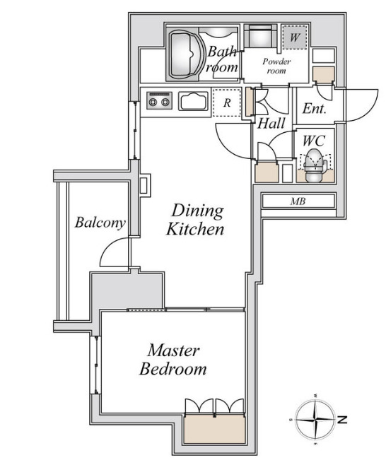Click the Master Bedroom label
173,360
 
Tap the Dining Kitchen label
195,220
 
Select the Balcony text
100,223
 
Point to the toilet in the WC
315,165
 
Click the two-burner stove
159,100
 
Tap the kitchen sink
193,101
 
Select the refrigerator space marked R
227,102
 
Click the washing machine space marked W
294,37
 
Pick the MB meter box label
298,201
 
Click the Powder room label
276,66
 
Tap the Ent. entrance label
314,108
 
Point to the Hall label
271,124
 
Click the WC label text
314,141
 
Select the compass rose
316,420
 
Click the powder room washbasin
261,36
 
